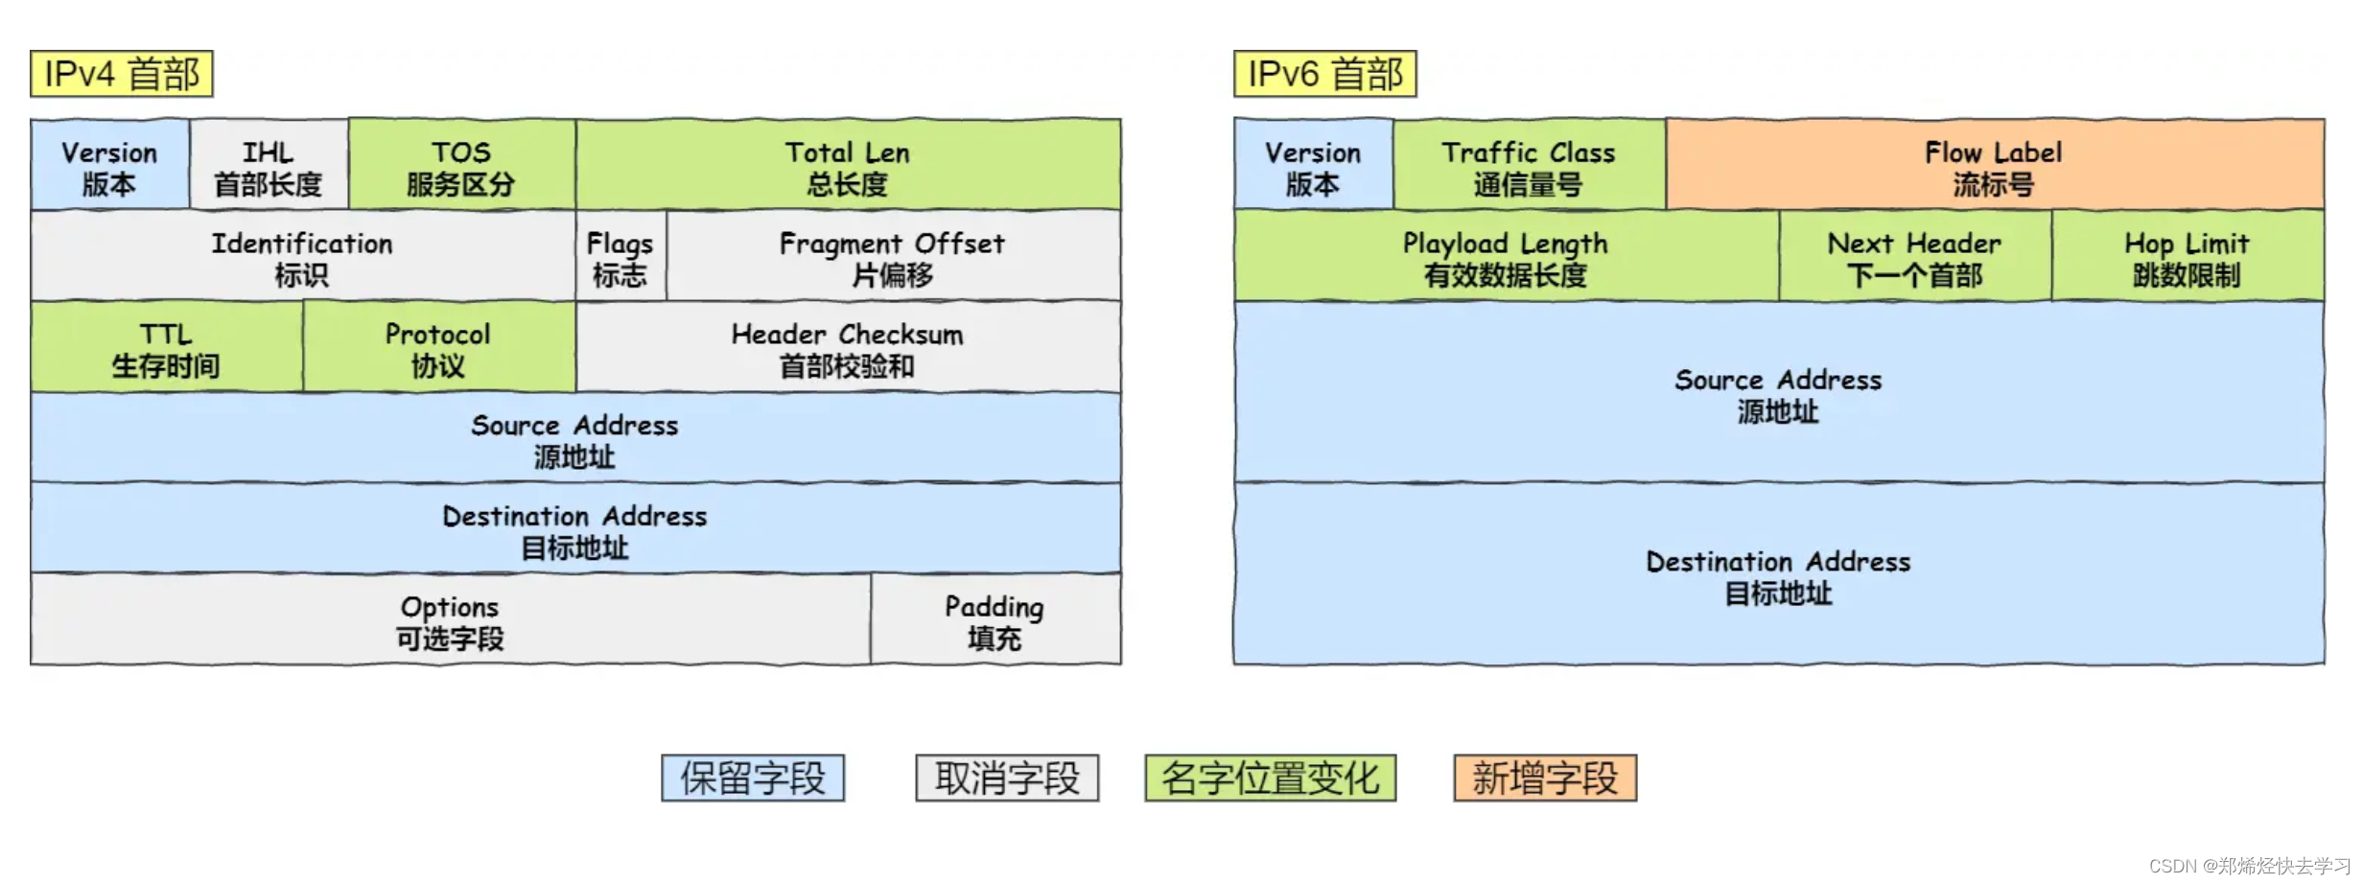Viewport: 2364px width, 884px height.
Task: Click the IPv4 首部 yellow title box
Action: pos(122,74)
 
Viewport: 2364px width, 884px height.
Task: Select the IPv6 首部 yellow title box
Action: pos(1324,74)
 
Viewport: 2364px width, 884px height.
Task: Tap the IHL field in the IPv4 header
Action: pos(269,165)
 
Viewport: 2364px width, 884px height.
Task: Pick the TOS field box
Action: pos(461,165)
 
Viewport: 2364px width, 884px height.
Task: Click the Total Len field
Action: pos(848,165)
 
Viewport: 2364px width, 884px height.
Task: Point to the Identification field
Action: pos(302,256)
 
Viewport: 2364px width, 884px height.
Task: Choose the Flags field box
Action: pos(620,256)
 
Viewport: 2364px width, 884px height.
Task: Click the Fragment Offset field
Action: pos(893,256)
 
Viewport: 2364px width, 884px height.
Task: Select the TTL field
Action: pos(166,347)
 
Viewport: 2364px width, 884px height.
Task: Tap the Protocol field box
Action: pos(438,347)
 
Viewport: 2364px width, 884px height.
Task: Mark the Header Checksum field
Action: pos(848,347)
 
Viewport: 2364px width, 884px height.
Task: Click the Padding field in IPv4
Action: pos(995,620)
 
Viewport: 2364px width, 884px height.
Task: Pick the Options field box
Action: pos(450,620)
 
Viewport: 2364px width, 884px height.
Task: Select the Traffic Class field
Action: pos(1529,165)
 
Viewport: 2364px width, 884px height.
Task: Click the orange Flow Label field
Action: pos(1994,165)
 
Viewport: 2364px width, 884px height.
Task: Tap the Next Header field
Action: pos(1915,256)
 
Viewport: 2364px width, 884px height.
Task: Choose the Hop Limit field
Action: pos(2188,256)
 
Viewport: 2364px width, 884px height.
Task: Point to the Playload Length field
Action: pos(1506,256)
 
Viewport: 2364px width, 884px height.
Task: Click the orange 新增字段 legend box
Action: pos(1545,778)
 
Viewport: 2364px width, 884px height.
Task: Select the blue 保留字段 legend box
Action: pos(753,778)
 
